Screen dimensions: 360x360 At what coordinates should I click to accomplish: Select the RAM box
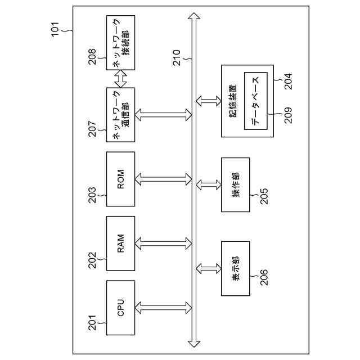[121, 244]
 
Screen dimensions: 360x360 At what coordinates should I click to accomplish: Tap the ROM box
[121, 179]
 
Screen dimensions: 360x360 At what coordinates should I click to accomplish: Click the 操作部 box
[235, 184]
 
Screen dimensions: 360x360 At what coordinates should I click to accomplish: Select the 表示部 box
[235, 268]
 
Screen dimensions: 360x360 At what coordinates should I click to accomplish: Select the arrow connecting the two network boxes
[121, 79]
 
